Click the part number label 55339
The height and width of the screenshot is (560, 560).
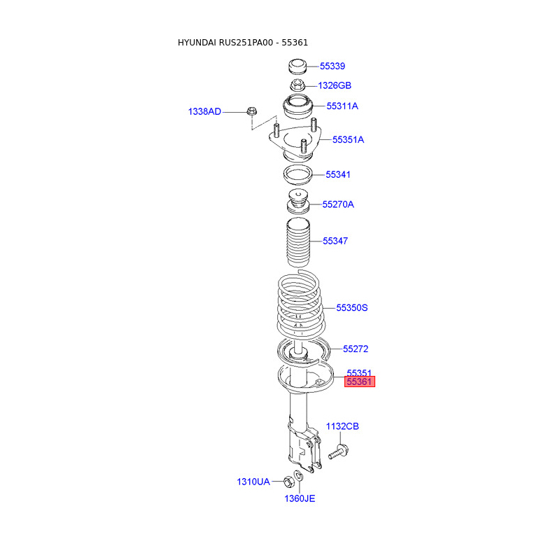pos(332,66)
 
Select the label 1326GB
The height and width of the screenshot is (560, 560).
pos(335,85)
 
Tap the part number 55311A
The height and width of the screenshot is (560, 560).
pos(342,106)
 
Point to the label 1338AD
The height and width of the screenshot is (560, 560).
pos(204,112)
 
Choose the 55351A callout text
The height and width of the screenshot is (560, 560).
pos(348,139)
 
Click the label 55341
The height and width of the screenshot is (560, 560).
pos(338,174)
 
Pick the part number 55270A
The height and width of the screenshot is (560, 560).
pos(338,204)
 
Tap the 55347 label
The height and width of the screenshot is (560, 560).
pos(335,241)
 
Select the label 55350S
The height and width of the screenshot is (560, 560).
pos(352,308)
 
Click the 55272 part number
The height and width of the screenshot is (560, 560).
pos(356,349)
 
